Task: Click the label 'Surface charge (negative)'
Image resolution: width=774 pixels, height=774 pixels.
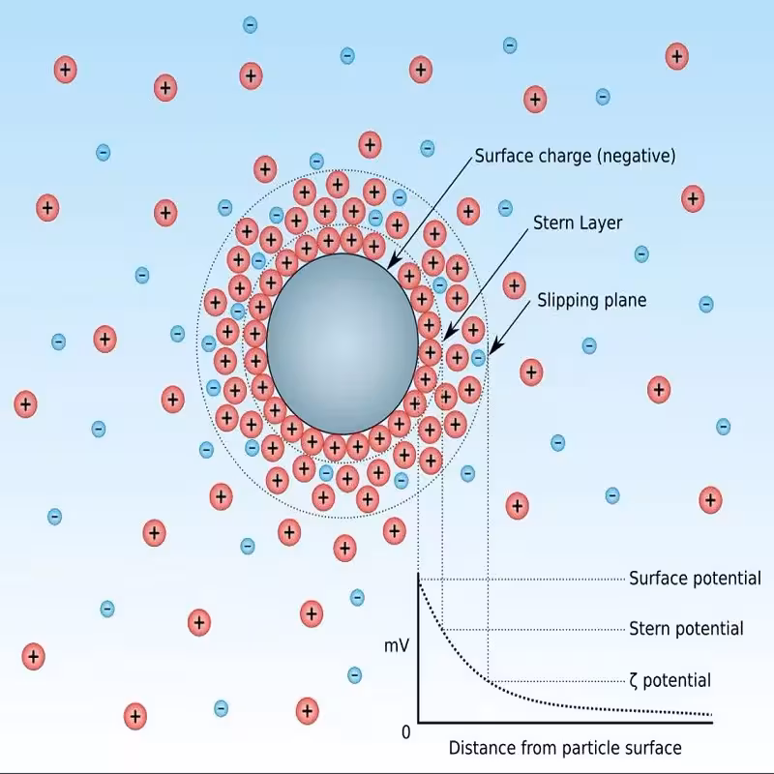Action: coord(575,156)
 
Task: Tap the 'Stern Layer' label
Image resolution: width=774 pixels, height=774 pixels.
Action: coord(578,223)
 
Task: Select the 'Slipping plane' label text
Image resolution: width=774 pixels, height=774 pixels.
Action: coord(591,301)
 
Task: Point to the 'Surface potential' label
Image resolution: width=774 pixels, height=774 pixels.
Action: coord(695,579)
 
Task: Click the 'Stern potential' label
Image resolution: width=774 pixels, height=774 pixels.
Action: coord(686,629)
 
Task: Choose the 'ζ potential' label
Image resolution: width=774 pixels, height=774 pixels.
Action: coord(670,680)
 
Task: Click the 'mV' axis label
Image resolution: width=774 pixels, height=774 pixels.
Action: coord(398,643)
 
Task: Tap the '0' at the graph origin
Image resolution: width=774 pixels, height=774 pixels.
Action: coord(406,732)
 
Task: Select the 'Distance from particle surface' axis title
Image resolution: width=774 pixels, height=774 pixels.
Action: coord(565,748)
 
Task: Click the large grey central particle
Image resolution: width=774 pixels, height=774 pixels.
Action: coord(342,343)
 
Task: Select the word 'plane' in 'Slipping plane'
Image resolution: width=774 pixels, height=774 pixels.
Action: coord(624,301)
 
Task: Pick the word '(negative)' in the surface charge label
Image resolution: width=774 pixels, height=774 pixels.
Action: coord(635,156)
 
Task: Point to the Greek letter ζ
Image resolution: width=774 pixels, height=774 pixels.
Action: coord(634,681)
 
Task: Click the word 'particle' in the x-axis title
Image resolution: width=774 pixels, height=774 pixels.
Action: coord(580,748)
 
